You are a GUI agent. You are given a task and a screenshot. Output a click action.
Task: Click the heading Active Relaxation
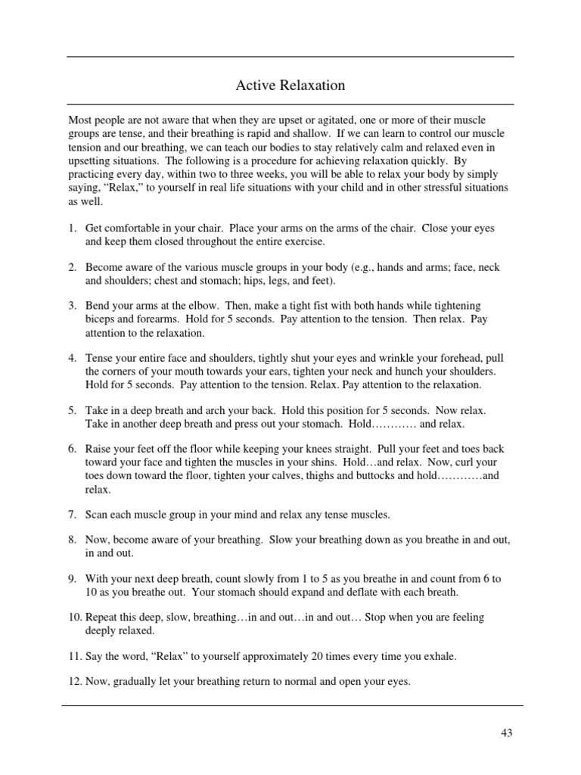pos(290,86)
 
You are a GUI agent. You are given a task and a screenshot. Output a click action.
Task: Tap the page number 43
pos(506,732)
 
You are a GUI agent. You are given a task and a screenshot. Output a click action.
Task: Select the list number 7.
pos(73,515)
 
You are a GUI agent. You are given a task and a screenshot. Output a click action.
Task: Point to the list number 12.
pos(75,681)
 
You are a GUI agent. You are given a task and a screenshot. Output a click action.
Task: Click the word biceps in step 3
pos(100,319)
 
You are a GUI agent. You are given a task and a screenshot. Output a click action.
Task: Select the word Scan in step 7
pos(97,515)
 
